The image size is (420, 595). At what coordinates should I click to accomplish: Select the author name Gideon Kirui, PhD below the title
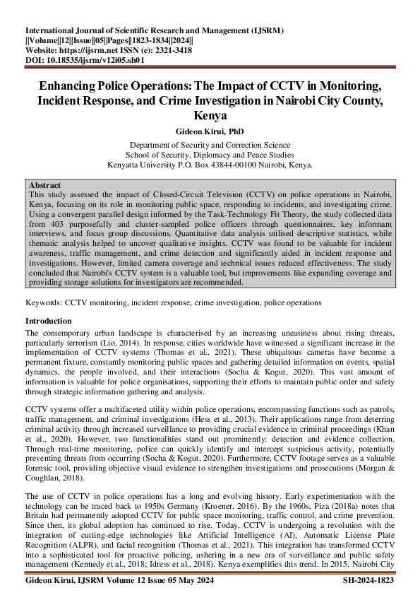coord(210,131)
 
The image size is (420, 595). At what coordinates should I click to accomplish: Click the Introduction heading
coord(52,321)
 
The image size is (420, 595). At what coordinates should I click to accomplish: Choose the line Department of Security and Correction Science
coord(210,145)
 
